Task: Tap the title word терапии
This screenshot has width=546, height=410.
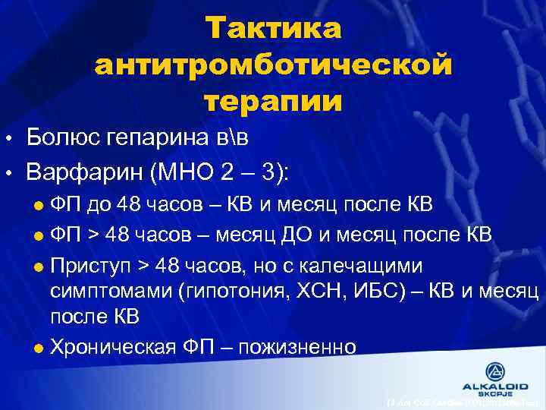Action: (x=273, y=100)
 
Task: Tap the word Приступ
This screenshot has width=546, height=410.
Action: (x=89, y=267)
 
